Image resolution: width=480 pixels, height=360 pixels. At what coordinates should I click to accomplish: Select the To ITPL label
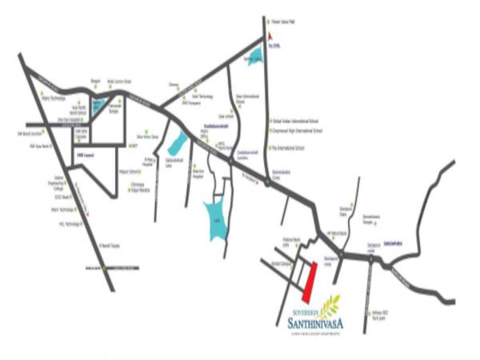pos(276,46)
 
